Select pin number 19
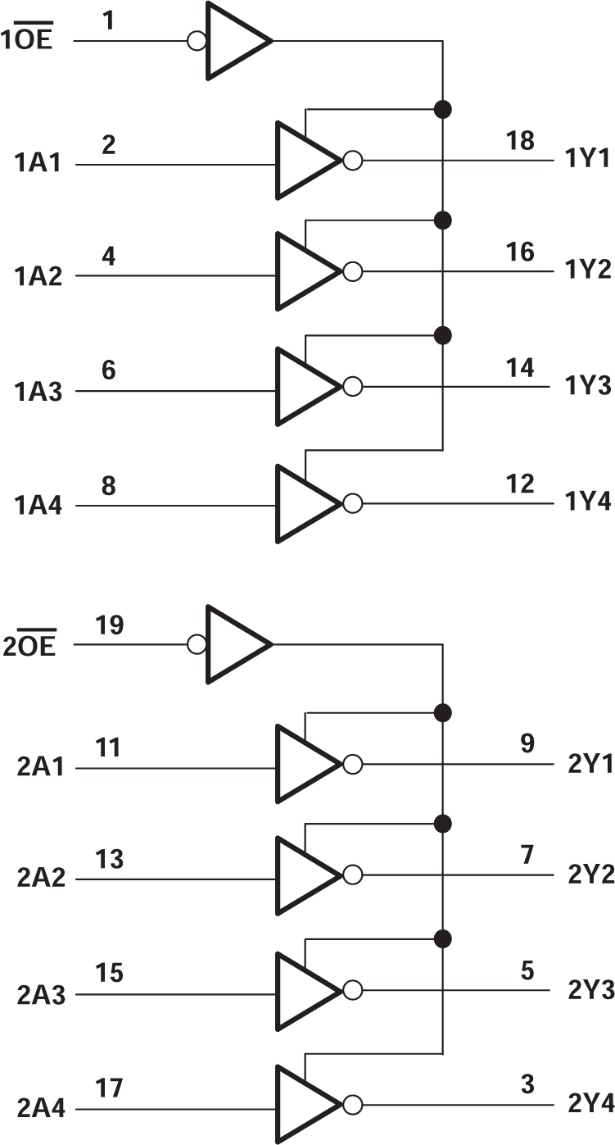point(109,625)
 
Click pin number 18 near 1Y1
point(520,140)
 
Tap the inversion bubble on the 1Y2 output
point(352,272)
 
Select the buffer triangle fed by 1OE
point(233,40)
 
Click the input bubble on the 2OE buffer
point(197,644)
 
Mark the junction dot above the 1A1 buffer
point(443,108)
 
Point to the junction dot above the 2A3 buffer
point(443,937)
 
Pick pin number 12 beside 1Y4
point(520,484)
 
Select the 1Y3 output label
point(588,385)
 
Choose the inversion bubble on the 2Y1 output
point(352,764)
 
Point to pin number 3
point(527,1084)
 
